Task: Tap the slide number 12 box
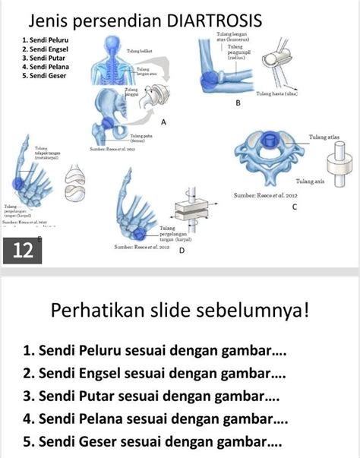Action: (x=24, y=251)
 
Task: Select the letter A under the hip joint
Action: (x=163, y=122)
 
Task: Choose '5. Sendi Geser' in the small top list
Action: (x=46, y=76)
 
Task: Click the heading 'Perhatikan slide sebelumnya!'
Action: (x=180, y=310)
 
